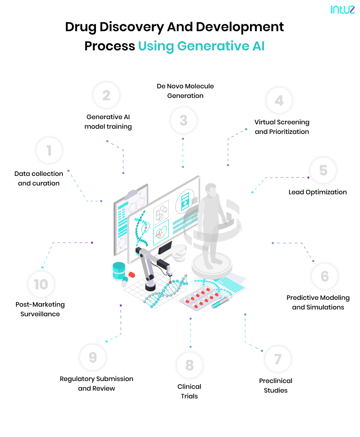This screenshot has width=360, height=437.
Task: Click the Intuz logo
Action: [x=342, y=10]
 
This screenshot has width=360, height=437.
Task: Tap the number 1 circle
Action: [x=49, y=151]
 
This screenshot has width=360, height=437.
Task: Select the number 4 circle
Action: [x=279, y=100]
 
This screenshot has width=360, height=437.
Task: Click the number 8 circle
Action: [x=190, y=365]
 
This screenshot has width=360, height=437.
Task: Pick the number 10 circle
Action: [x=41, y=284]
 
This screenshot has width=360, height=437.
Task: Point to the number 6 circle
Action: [x=324, y=276]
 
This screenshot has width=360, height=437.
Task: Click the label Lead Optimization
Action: [x=318, y=192]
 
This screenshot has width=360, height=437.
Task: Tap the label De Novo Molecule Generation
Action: [x=185, y=91]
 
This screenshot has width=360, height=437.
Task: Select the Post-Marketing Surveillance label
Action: [x=40, y=309]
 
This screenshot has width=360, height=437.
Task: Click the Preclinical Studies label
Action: [x=276, y=385]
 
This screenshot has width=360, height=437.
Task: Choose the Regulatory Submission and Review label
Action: [x=96, y=383]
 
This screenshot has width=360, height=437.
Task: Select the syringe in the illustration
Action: [x=220, y=303]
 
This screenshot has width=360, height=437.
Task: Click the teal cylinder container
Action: [x=119, y=271]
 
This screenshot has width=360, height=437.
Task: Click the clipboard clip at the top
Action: [x=132, y=195]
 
